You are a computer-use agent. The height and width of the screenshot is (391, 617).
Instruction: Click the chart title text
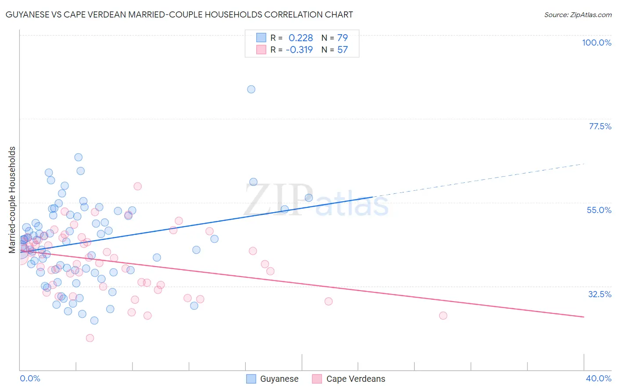(179, 14)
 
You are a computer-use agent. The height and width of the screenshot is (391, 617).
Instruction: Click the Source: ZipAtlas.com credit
(578, 15)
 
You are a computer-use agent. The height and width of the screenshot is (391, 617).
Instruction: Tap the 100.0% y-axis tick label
(596, 43)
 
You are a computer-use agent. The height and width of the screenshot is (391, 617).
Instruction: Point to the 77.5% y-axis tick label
(600, 126)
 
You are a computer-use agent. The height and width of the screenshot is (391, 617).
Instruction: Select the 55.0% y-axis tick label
(599, 210)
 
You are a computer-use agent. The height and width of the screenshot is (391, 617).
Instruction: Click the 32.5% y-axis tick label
(599, 294)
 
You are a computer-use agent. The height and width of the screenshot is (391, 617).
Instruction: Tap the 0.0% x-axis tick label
(30, 378)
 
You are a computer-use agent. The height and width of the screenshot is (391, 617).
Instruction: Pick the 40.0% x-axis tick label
(598, 378)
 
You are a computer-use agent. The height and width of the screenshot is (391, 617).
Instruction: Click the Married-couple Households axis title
(12, 200)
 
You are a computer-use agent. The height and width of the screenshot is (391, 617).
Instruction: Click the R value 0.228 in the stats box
(301, 38)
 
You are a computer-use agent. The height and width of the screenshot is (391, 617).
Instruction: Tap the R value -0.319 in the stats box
(299, 50)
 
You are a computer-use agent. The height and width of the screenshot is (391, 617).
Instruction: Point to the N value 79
(342, 38)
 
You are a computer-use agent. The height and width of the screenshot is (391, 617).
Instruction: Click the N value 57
(342, 50)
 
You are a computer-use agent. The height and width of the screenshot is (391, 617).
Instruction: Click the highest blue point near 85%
(251, 89)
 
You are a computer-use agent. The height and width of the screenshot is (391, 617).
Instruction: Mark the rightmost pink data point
(443, 316)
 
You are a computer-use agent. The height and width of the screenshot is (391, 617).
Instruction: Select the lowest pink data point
(90, 338)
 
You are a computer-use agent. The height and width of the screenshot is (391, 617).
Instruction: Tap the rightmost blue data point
(309, 198)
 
